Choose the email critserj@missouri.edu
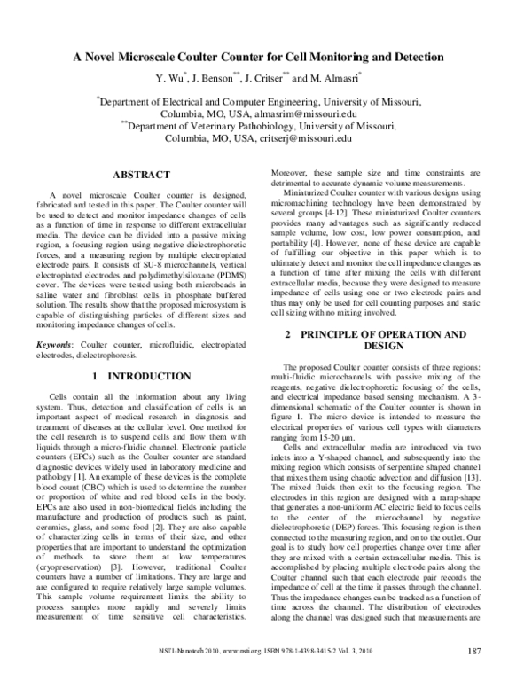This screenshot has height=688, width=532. pos(306,139)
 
